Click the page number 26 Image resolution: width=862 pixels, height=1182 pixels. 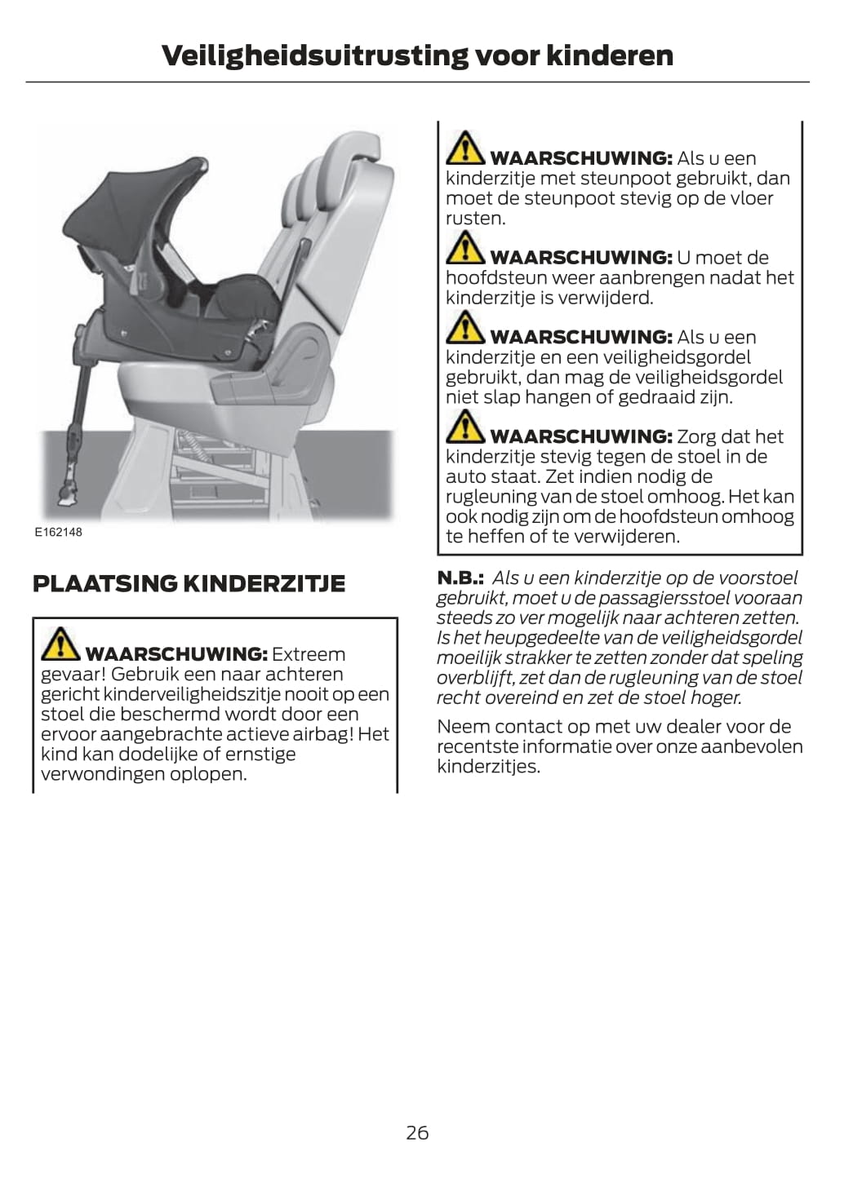[417, 1133]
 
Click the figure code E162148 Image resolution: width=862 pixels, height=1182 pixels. [59, 533]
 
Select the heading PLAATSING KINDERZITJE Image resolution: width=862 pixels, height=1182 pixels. [189, 583]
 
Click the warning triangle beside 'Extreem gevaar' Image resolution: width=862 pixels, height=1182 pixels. [60, 644]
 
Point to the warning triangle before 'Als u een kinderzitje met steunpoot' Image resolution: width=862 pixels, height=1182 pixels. [465, 148]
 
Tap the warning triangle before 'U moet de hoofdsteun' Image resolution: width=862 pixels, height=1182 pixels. [465, 247]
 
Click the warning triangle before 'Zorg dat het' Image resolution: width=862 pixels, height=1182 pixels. [465, 427]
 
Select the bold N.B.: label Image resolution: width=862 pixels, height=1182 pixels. [460, 578]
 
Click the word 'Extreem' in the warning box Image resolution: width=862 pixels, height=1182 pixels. [309, 654]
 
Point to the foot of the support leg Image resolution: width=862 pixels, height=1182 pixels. [67, 496]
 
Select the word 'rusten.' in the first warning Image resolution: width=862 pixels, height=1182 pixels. [476, 219]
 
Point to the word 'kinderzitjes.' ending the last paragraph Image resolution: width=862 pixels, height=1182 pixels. [489, 767]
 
